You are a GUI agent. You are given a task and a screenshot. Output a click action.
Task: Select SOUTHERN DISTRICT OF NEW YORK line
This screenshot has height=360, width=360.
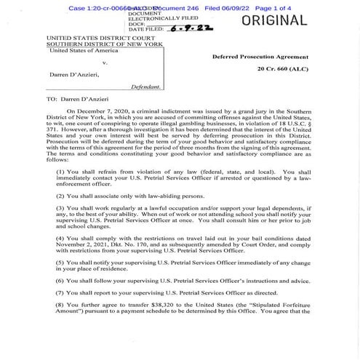pyautogui.click(x=100, y=43)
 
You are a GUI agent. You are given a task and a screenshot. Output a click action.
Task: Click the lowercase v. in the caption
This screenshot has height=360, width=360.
pyautogui.click(x=106, y=62)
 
